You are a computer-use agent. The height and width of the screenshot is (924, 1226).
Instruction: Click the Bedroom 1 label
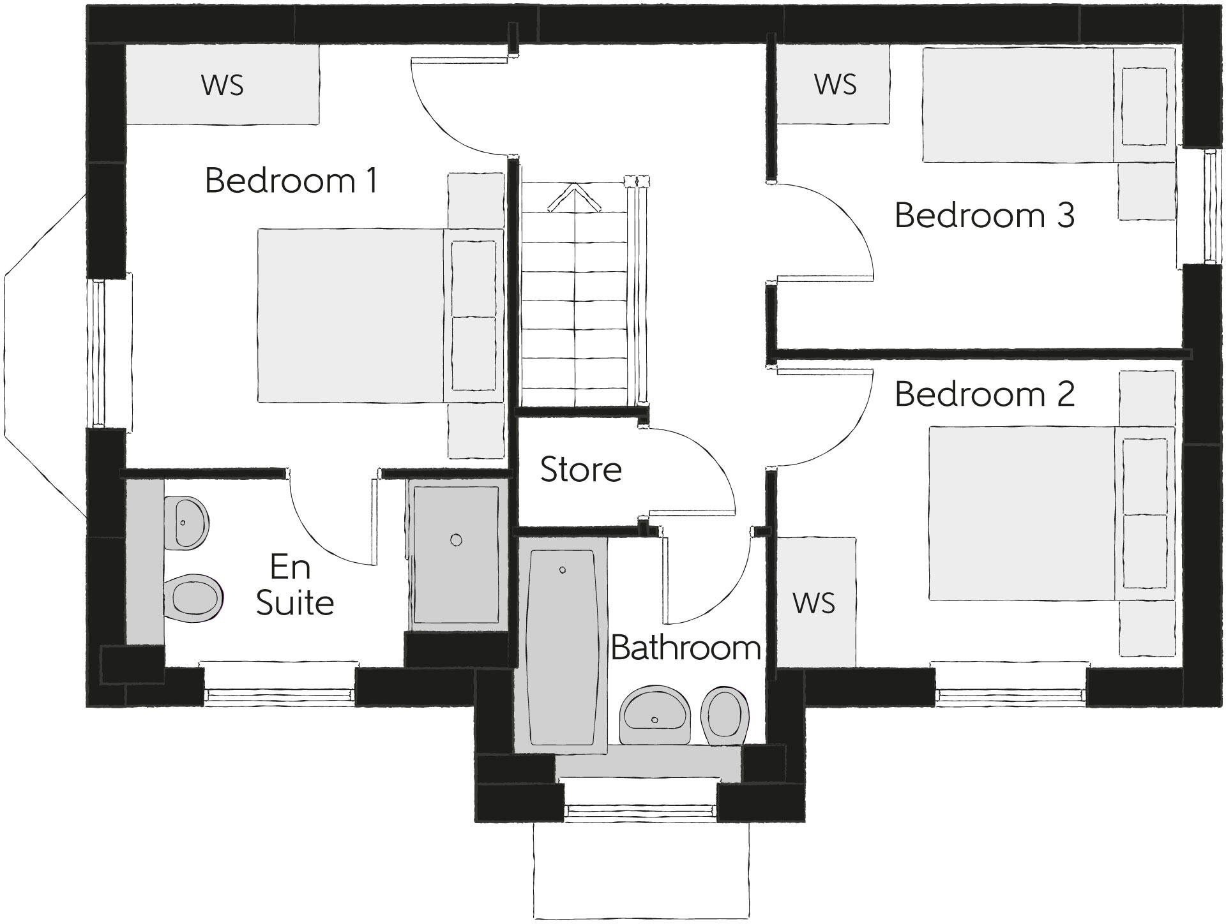click(x=291, y=181)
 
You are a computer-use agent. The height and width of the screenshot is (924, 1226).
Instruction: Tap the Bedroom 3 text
click(x=984, y=215)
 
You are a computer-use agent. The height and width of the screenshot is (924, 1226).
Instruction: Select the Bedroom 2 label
click(x=984, y=394)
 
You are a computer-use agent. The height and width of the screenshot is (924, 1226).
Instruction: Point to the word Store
click(x=580, y=470)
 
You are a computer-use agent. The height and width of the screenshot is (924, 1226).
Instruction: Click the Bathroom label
click(x=685, y=648)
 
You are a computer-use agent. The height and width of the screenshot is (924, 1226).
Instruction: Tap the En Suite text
click(x=294, y=585)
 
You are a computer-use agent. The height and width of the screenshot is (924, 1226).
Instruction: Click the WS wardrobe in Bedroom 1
click(x=222, y=85)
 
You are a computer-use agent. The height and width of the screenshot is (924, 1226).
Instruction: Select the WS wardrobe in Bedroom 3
click(x=835, y=85)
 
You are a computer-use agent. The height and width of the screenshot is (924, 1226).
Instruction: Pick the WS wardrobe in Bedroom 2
click(x=814, y=602)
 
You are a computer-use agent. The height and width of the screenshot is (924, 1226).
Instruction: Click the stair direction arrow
click(x=575, y=198)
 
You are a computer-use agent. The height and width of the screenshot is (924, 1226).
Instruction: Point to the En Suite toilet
click(x=195, y=599)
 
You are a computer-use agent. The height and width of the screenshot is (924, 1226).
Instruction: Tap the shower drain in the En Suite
click(x=456, y=540)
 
